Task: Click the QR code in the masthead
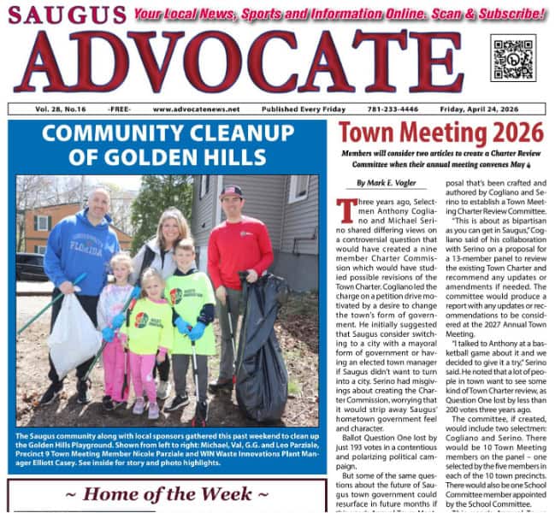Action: tap(513, 57)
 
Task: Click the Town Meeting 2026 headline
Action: tap(440, 133)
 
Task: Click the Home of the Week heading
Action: tap(167, 495)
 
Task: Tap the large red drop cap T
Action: tap(347, 210)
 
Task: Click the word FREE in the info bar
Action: tap(120, 109)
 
